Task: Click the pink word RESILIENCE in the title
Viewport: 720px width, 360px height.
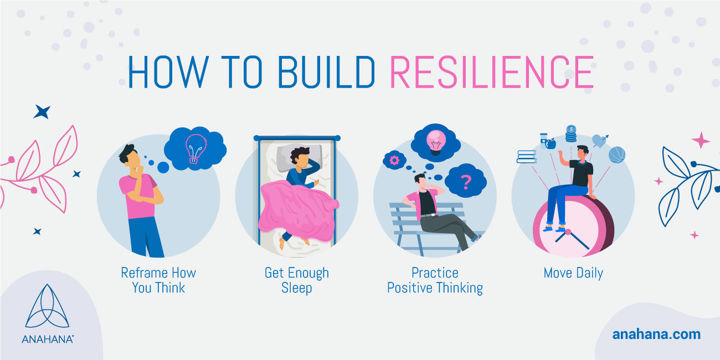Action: pyautogui.click(x=491, y=73)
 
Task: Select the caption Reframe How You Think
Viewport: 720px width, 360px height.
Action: pyautogui.click(x=158, y=280)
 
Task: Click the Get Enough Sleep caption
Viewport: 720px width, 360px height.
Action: pyautogui.click(x=296, y=280)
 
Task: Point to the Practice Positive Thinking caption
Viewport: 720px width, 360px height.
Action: pyautogui.click(x=435, y=280)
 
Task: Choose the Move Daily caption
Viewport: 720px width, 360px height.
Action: pyautogui.click(x=573, y=273)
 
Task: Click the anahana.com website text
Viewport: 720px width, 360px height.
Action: pyautogui.click(x=656, y=335)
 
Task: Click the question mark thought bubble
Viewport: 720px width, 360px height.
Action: pyautogui.click(x=466, y=181)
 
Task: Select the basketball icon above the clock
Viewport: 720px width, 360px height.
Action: pyautogui.click(x=616, y=155)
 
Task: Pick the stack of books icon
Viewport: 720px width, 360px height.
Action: pyautogui.click(x=527, y=156)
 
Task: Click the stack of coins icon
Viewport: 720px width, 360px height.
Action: pyautogui.click(x=571, y=134)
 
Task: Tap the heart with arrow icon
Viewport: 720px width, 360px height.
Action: pyautogui.click(x=599, y=141)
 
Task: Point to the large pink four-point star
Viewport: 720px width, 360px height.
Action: pyautogui.click(x=700, y=140)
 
